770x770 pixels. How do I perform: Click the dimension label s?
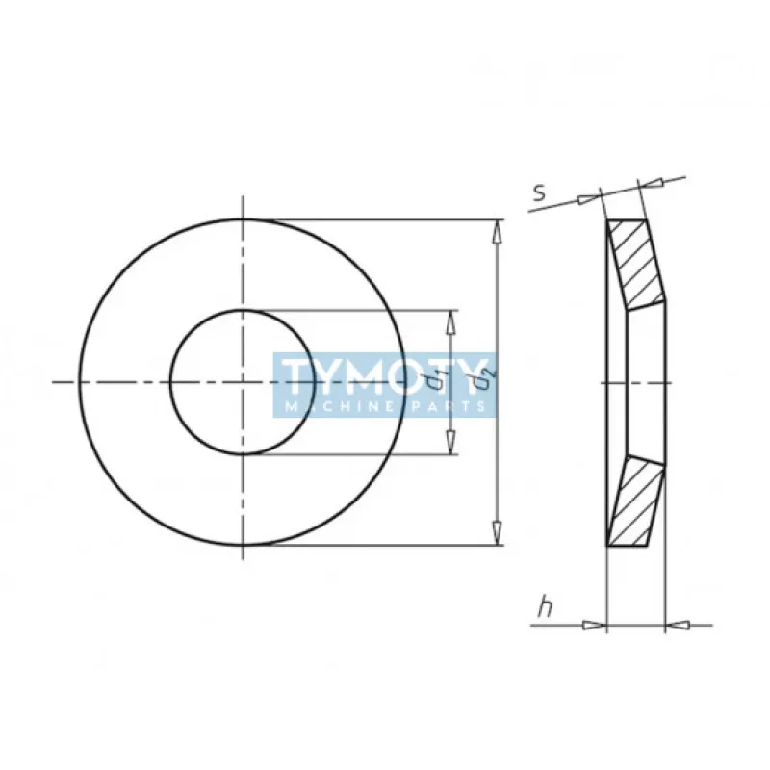point(540,192)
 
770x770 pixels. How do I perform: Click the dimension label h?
point(545,606)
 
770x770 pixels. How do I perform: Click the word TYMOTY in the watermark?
point(383,376)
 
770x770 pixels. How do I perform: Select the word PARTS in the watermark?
point(447,406)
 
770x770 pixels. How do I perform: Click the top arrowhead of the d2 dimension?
point(498,231)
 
